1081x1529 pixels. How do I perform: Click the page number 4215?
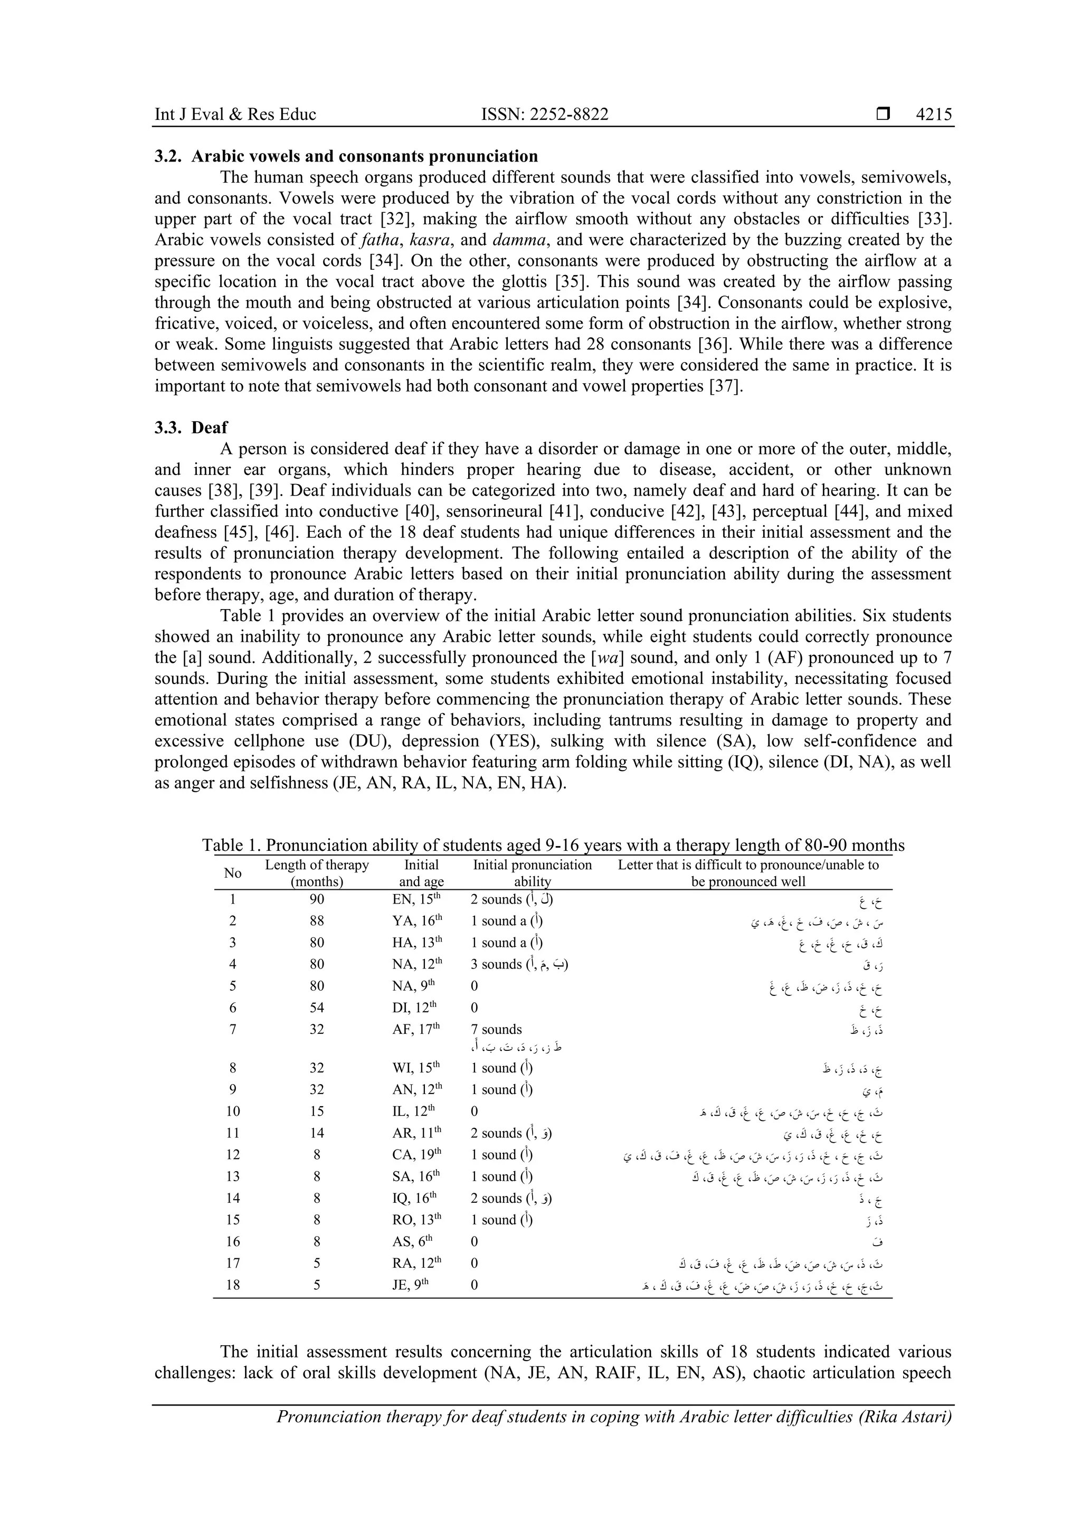[x=933, y=115]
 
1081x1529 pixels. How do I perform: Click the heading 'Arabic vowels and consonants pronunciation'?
[x=364, y=157]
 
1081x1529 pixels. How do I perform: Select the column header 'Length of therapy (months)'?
[x=317, y=873]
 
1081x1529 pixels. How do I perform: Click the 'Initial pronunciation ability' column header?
[x=532, y=873]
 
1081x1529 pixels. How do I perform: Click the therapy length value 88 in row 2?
[x=317, y=921]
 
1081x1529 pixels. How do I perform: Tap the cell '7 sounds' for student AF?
[x=496, y=1030]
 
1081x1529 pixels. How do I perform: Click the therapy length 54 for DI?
[x=317, y=1008]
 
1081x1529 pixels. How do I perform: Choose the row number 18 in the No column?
[x=232, y=1285]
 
